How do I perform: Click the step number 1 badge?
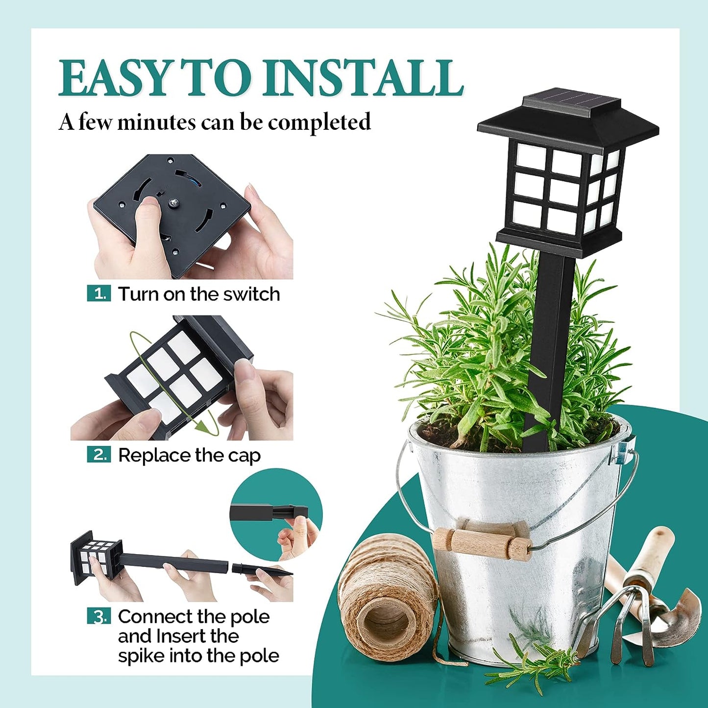coord(99,294)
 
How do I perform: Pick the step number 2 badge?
coord(99,455)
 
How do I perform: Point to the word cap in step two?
coord(244,456)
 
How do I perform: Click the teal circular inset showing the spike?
coord(276,514)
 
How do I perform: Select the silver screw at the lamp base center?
coord(173,201)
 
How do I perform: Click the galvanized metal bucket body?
coord(514,551)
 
